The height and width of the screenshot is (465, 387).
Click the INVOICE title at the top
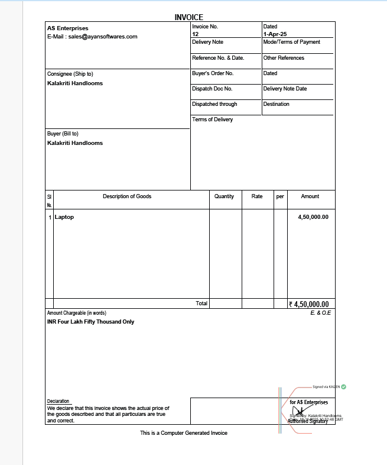189,18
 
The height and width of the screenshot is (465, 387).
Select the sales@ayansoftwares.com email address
103,37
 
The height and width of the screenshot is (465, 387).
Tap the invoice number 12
196,34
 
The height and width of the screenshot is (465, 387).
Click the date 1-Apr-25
275,34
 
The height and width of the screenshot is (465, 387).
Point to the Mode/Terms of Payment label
292,42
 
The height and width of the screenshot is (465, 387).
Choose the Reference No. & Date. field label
218,58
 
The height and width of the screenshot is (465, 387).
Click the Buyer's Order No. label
213,73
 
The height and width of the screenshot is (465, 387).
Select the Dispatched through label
214,104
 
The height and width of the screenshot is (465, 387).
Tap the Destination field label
277,104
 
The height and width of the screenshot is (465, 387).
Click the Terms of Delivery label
213,120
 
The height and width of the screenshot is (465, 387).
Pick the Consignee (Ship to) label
70,74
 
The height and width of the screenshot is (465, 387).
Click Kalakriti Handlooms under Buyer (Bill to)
75,143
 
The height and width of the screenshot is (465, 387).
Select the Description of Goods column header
127,196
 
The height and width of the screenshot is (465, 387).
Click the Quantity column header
225,196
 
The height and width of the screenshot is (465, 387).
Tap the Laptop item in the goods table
64,217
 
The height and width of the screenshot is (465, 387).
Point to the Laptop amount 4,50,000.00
313,217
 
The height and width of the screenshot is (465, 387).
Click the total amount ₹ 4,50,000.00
312,304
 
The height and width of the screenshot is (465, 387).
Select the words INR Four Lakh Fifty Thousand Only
91,322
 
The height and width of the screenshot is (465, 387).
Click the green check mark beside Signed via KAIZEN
344,387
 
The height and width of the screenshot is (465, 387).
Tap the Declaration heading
58,401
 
